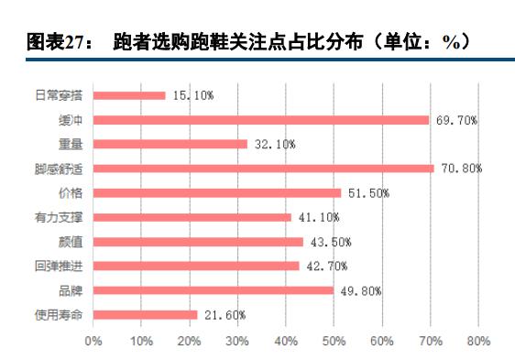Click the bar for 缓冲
tap(261, 120)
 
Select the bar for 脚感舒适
tap(264, 169)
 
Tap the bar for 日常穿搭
tap(129, 95)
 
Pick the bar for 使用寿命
tap(146, 314)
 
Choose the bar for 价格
tap(217, 192)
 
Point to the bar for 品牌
tap(214, 290)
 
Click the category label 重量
tap(71, 144)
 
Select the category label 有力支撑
tap(62, 217)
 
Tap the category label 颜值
tap(71, 242)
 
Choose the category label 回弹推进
tap(62, 267)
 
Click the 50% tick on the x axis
tap(334, 341)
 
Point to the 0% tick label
tap(93, 341)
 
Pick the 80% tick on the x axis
tap(478, 341)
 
